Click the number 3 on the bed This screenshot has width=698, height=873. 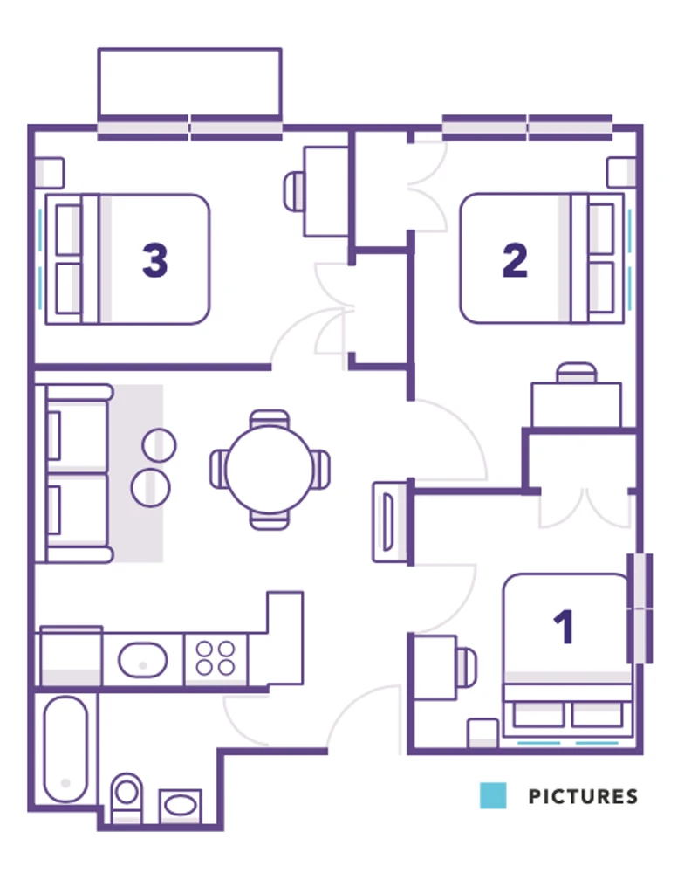(155, 260)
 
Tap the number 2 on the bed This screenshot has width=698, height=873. (515, 260)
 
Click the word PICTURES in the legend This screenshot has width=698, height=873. (583, 796)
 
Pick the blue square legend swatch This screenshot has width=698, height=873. (493, 795)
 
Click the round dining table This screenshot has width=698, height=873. (270, 470)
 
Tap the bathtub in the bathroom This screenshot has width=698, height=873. (65, 749)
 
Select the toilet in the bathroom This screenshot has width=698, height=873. (127, 797)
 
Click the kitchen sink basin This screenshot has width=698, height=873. (142, 660)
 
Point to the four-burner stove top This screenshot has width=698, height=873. (216, 658)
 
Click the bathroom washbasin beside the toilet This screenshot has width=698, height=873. (181, 805)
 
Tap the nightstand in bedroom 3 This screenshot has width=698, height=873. (50, 173)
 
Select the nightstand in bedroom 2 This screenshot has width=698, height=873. (621, 172)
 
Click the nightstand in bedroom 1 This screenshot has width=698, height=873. (482, 733)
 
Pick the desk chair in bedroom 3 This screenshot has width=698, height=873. (293, 191)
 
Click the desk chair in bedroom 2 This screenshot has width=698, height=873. (577, 373)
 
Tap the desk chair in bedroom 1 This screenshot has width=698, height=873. (467, 667)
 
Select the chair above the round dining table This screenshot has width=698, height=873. (270, 419)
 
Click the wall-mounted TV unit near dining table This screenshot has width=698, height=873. (390, 522)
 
